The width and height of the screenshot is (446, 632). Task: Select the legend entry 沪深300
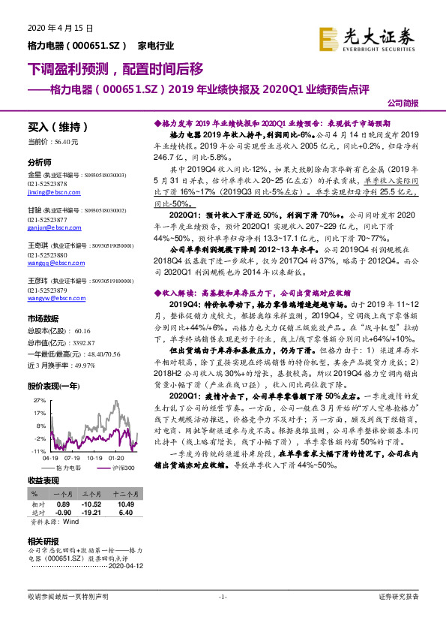[119, 467]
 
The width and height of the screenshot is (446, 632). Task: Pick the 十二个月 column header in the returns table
[125, 493]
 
